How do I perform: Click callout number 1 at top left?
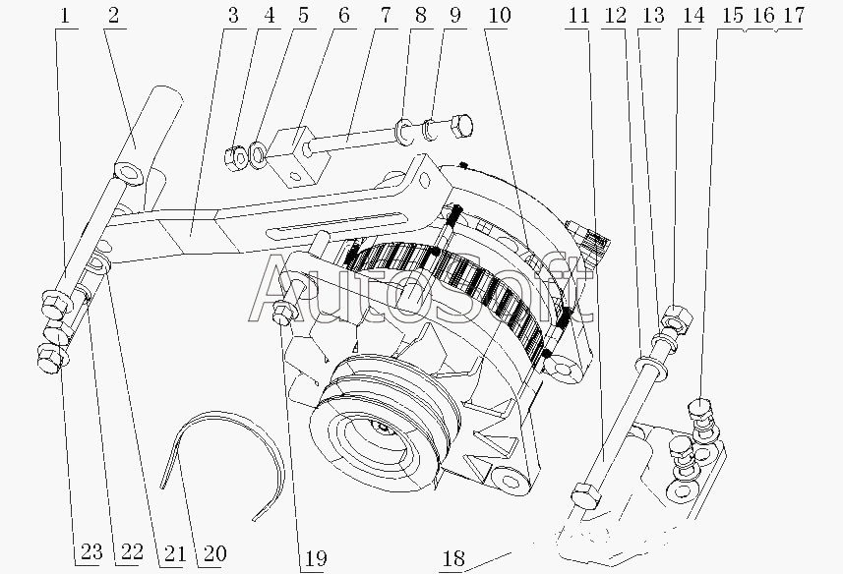65,15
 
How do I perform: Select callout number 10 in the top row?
499,15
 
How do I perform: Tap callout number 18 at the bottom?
452,558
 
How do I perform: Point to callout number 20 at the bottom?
212,553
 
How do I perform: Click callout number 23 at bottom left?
90,552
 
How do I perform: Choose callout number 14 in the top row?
693,15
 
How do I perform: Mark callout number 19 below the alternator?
316,558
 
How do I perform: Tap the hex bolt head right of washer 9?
460,126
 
